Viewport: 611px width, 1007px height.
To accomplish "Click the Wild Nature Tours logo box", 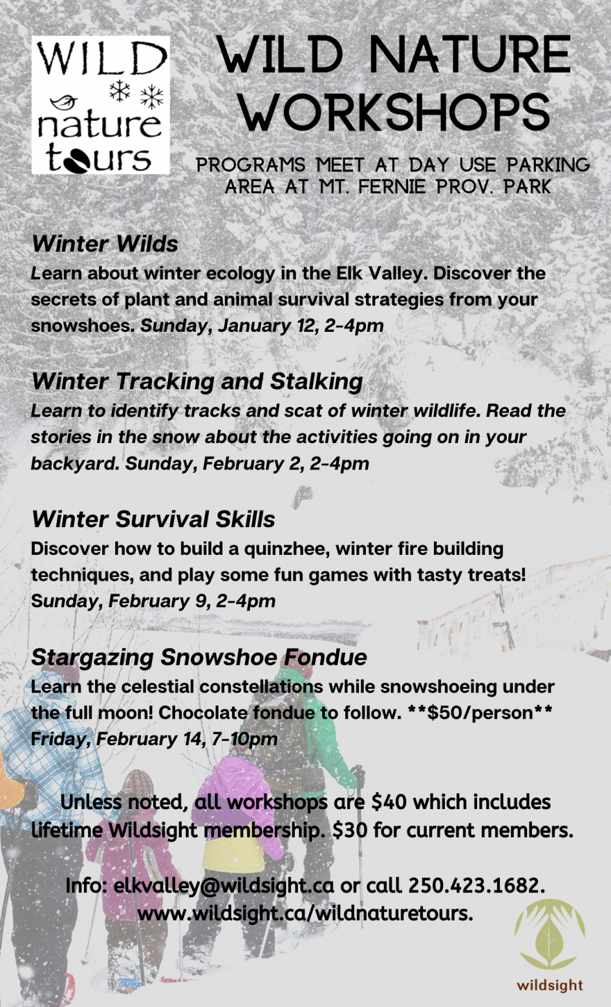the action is click(101, 105).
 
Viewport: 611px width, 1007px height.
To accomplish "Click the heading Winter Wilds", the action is click(105, 244).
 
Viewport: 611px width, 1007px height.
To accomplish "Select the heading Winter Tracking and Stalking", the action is click(197, 382).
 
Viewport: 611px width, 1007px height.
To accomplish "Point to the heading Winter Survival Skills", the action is click(153, 519).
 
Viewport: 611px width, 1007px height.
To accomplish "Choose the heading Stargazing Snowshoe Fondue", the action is click(199, 657).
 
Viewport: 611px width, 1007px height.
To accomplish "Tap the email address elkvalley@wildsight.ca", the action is click(224, 885).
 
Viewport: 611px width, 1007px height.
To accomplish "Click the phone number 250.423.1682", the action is click(477, 885).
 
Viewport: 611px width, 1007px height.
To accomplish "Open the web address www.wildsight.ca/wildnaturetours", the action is click(305, 914).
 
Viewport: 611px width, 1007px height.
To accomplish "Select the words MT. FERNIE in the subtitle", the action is click(372, 186).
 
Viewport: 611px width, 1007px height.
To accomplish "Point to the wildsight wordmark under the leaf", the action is click(550, 986).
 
